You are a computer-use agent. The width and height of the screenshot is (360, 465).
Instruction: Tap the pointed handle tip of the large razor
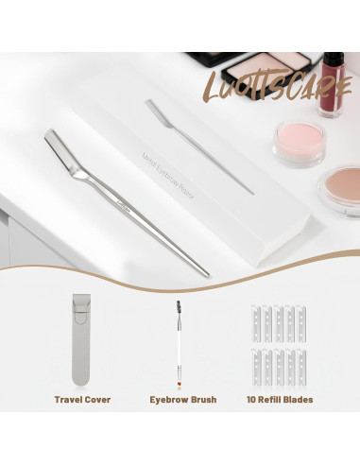tap(202, 271)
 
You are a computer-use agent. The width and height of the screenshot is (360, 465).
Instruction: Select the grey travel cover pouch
tap(82, 339)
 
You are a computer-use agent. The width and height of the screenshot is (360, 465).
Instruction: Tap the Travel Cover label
tap(82, 400)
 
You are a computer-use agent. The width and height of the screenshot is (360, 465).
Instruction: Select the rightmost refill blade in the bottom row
tap(302, 364)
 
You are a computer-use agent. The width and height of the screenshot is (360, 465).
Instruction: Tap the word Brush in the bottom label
tap(200, 400)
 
